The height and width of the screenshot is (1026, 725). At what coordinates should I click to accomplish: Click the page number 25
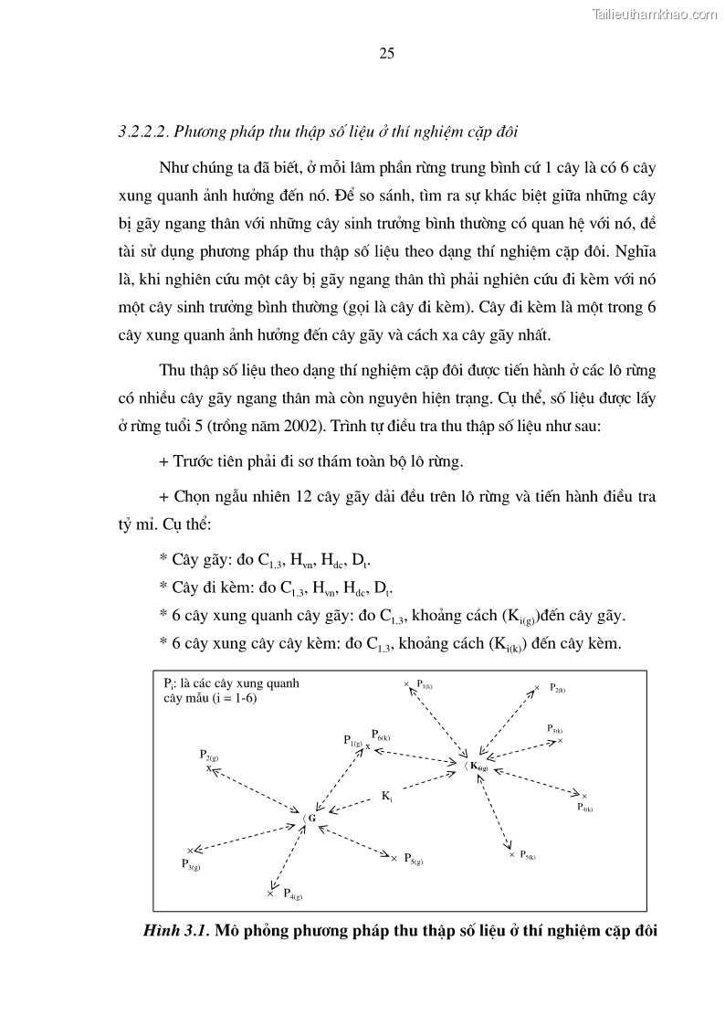386,54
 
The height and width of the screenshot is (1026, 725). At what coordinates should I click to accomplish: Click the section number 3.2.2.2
145,132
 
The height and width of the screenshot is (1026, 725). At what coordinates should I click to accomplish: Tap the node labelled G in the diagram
311,819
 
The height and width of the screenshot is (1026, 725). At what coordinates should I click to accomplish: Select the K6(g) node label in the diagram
479,767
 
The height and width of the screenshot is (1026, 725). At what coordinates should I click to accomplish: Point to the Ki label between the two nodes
387,797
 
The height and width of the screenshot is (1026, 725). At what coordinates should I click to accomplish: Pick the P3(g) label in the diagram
190,864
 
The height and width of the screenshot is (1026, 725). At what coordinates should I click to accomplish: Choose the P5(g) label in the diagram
414,860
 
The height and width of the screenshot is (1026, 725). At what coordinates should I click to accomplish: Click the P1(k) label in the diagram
425,683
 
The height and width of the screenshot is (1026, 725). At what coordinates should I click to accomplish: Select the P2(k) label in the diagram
559,690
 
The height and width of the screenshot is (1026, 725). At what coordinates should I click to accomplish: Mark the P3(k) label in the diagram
554,729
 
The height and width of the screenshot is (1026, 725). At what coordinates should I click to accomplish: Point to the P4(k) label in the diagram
585,809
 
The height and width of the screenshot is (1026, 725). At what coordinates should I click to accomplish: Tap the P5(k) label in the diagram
528,856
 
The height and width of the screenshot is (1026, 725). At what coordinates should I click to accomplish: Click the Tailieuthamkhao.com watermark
656,14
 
